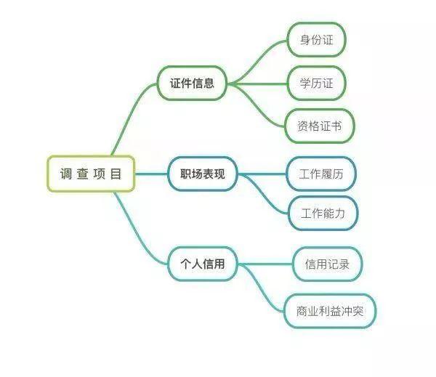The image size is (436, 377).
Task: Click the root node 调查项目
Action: (91, 174)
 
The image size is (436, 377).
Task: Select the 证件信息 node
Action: (192, 83)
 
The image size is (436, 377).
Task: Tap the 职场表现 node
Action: (203, 174)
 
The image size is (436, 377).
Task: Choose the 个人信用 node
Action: (203, 264)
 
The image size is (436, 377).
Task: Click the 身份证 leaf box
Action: (316, 40)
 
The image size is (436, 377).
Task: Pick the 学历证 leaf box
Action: (316, 83)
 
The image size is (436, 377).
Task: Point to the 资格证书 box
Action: (320, 126)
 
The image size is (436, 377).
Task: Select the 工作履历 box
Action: (321, 174)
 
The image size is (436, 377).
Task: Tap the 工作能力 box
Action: (323, 214)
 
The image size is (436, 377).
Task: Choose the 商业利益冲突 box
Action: (330, 311)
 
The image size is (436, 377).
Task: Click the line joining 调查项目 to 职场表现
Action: (152, 174)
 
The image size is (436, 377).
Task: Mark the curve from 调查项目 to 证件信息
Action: (131, 117)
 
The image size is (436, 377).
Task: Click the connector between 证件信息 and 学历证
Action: (257, 84)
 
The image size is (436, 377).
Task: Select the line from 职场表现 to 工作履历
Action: (262, 174)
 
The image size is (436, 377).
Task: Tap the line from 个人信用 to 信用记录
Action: (265, 264)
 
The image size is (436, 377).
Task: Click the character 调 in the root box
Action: (66, 174)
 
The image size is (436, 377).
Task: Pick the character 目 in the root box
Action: (116, 174)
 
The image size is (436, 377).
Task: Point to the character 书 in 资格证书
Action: (336, 126)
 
